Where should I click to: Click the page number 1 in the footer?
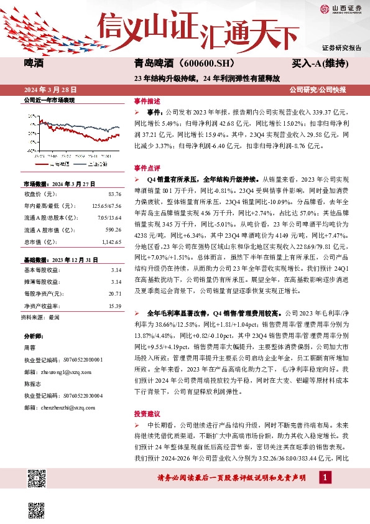coord(324,477)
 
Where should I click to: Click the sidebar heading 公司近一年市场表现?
coord(49,100)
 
